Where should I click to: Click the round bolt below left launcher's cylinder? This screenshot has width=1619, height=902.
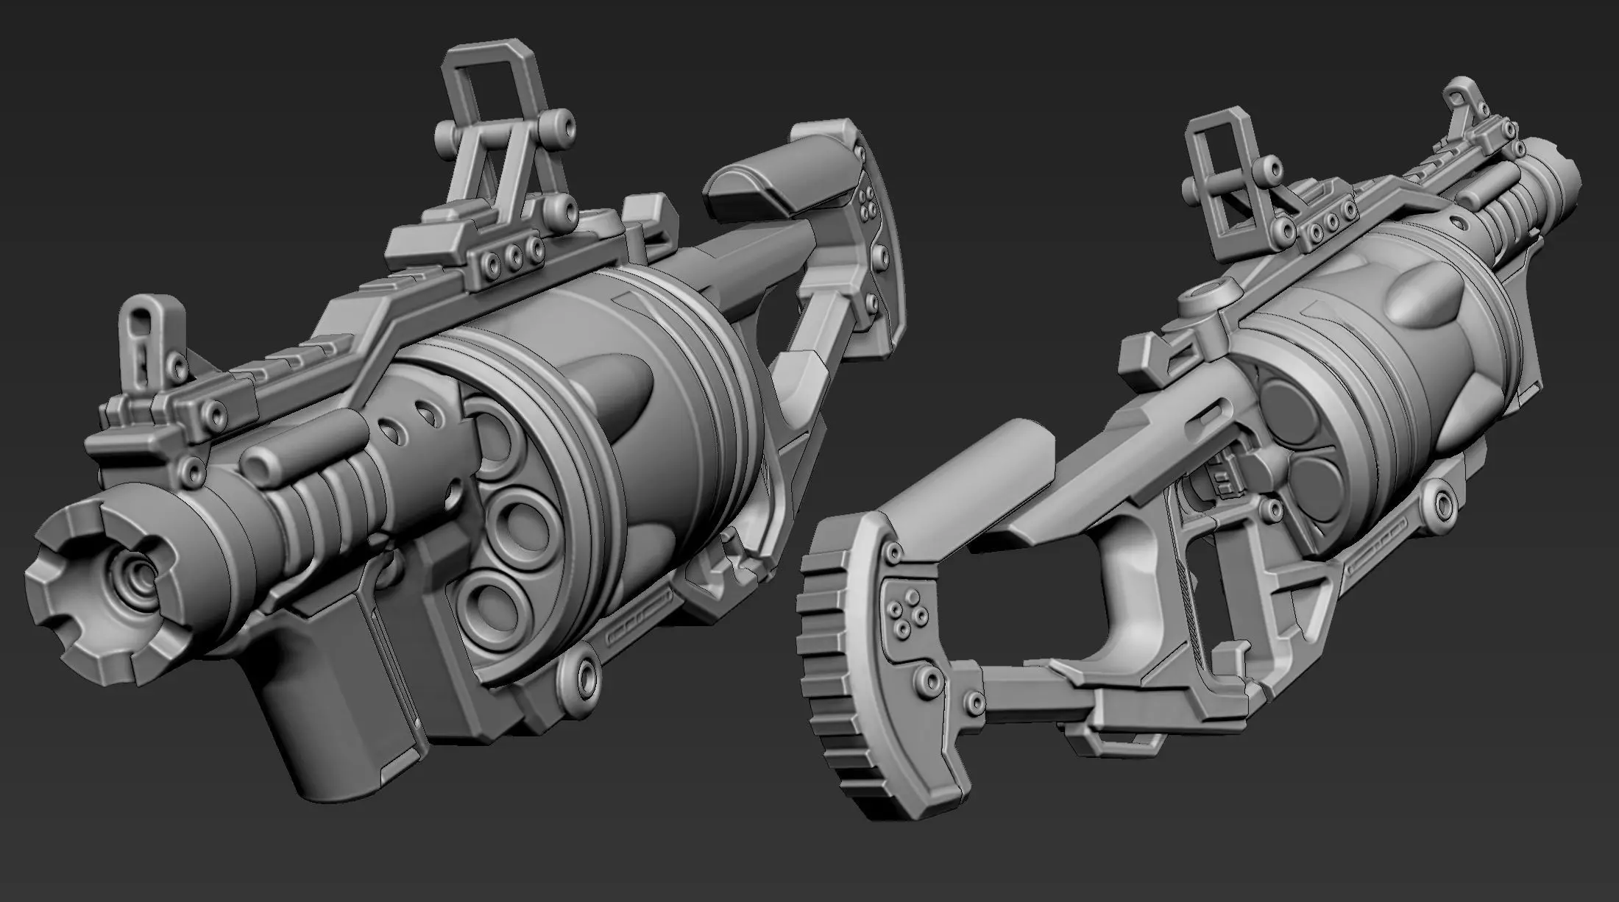tap(585, 672)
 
